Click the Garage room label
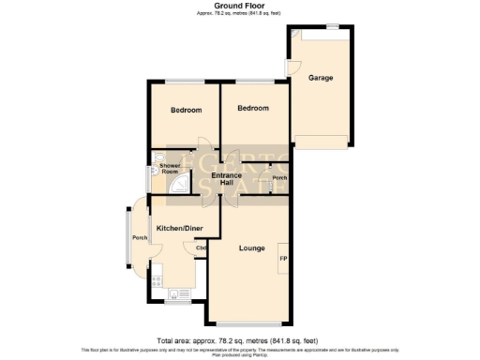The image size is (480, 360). click(322, 78)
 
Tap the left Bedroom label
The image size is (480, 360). click(186, 111)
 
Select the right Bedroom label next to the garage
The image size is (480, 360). click(252, 109)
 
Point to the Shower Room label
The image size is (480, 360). click(170, 169)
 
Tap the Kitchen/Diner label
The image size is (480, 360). click(179, 228)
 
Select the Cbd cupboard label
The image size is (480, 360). click(201, 247)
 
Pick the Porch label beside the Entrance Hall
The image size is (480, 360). click(278, 178)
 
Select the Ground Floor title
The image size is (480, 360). click(239, 6)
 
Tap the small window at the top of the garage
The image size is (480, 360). click(333, 28)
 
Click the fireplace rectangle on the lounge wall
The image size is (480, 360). click(282, 257)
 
